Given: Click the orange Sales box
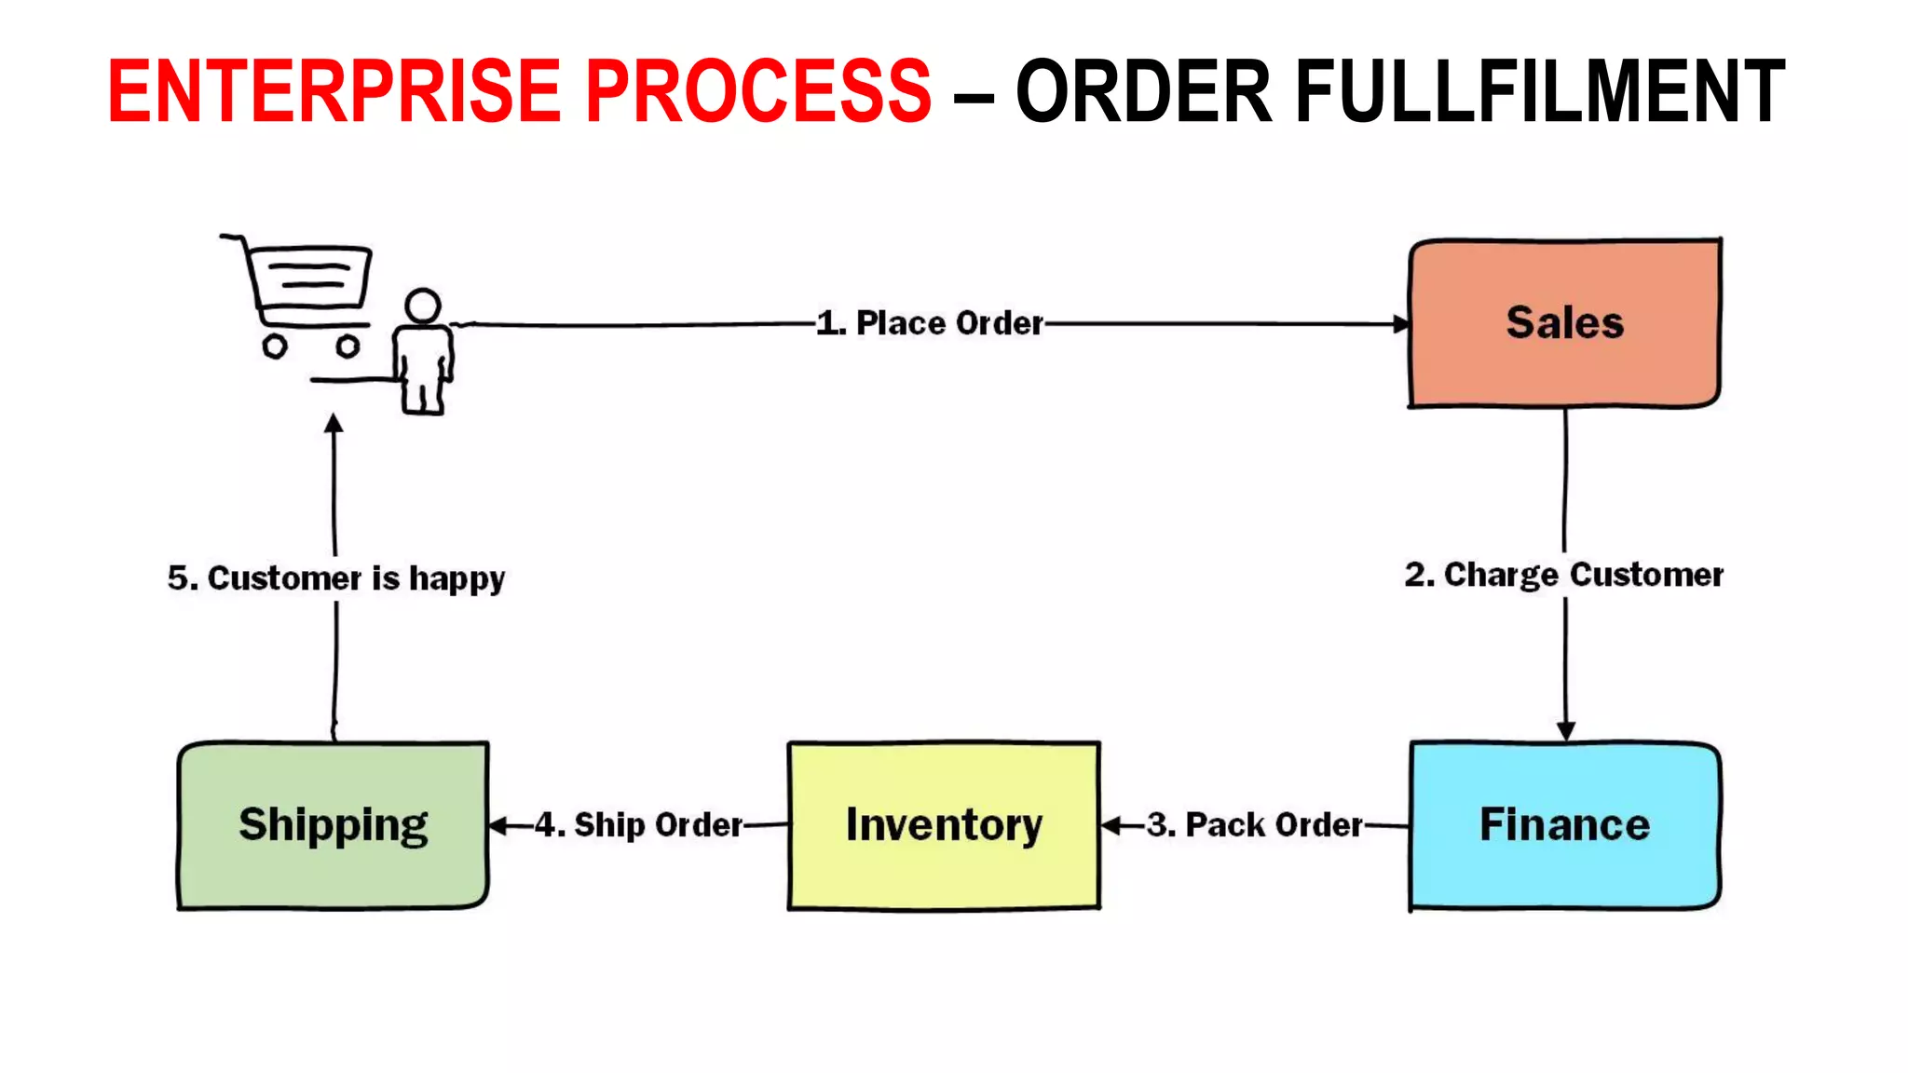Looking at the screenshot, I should pyautogui.click(x=1564, y=323).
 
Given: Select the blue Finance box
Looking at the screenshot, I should pyautogui.click(x=1564, y=825).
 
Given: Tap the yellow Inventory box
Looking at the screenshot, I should pyautogui.click(x=944, y=825).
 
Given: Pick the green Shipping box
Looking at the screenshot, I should pyautogui.click(x=333, y=825).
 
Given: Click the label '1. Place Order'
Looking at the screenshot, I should pyautogui.click(x=930, y=323).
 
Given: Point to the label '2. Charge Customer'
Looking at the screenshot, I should pyautogui.click(x=1564, y=575).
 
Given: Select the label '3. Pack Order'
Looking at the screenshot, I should pyautogui.click(x=1255, y=825).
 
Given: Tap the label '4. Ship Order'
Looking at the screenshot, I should pyautogui.click(x=639, y=825).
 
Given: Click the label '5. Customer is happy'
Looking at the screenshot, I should pyautogui.click(x=336, y=578).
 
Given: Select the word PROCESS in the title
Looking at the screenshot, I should pyautogui.click(x=757, y=91).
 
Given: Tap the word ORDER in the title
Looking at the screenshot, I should pyautogui.click(x=1143, y=91).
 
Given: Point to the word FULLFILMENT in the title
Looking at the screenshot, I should pyautogui.click(x=1540, y=91).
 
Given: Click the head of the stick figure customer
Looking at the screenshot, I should pyautogui.click(x=423, y=306).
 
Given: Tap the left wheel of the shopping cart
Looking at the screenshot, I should pyautogui.click(x=274, y=346).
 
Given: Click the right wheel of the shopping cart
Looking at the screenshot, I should pyautogui.click(x=348, y=346).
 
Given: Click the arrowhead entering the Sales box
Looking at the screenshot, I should pyautogui.click(x=1401, y=324).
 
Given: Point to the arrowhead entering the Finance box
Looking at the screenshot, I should pyautogui.click(x=1566, y=731).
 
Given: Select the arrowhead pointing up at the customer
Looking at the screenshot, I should pyautogui.click(x=334, y=424).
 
